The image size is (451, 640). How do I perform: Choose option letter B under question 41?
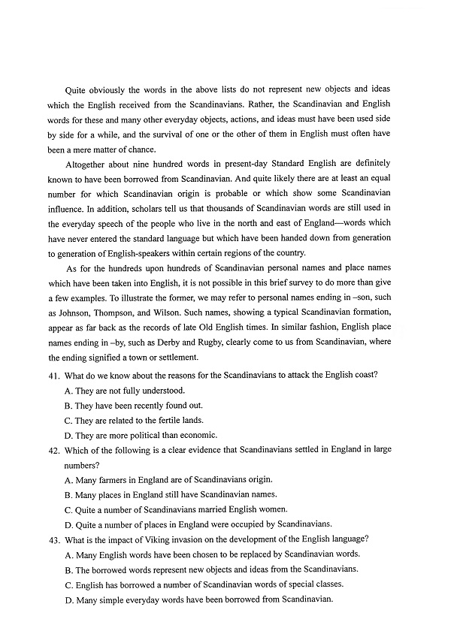tap(68, 405)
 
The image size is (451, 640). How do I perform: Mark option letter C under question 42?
tap(68, 509)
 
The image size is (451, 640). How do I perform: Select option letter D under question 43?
tap(68, 599)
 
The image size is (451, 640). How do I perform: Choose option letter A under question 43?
tap(68, 554)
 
